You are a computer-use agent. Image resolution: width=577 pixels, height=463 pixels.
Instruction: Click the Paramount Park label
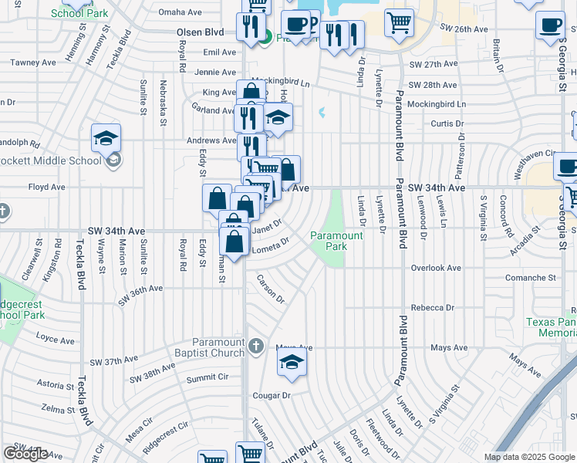click(x=336, y=241)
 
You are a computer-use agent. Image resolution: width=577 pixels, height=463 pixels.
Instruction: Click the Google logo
click(x=25, y=454)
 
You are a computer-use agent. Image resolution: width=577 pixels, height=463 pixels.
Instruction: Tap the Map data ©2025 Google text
click(x=528, y=457)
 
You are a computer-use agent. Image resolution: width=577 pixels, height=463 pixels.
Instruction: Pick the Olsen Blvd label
click(x=200, y=33)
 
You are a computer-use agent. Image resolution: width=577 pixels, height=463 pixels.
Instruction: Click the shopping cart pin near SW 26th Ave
click(x=399, y=23)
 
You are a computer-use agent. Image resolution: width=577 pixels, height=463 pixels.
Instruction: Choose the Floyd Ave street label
click(x=46, y=187)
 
